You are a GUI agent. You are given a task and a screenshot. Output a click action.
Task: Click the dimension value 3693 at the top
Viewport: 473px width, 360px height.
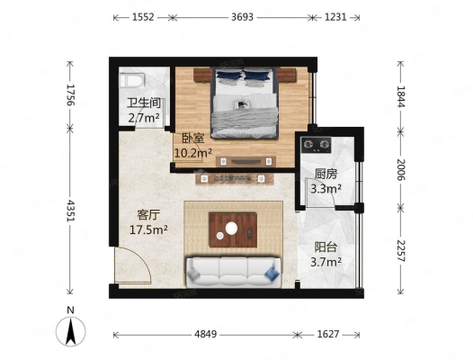[x=242, y=17]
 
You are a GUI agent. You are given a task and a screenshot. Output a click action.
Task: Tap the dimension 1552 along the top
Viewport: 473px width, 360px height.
[x=143, y=17]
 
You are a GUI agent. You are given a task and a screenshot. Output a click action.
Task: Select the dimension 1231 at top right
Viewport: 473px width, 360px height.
[x=335, y=17]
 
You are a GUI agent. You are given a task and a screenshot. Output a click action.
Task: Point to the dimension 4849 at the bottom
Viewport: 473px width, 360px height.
[x=205, y=334]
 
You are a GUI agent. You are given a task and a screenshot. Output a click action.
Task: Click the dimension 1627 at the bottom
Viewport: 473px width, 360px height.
[x=328, y=334]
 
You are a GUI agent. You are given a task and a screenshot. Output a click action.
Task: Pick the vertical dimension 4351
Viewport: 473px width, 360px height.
[x=70, y=211]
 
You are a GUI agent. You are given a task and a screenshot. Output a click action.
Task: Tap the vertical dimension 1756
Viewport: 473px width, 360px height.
[x=70, y=94]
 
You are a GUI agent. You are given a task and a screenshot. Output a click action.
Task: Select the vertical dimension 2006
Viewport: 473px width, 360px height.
[x=401, y=169]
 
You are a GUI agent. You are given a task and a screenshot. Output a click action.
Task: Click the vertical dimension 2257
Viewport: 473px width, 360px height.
[x=401, y=251]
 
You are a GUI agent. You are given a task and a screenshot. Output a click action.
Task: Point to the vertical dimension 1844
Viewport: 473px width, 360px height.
[x=401, y=96]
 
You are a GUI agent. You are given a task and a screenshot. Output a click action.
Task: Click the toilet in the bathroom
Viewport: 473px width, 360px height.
[x=132, y=80]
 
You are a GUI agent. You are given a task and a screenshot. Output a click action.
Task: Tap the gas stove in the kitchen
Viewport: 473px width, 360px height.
[x=317, y=145]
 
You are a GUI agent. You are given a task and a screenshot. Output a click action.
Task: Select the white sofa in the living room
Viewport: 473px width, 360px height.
[x=234, y=272]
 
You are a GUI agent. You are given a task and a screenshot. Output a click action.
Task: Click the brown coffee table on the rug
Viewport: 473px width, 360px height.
[x=233, y=230]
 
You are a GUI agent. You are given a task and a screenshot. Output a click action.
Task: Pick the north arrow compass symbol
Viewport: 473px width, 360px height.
[x=71, y=331]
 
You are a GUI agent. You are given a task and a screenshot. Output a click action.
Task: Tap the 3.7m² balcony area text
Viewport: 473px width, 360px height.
[x=326, y=262]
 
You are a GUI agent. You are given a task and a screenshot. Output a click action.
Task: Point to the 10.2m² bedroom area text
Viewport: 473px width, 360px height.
[x=193, y=153]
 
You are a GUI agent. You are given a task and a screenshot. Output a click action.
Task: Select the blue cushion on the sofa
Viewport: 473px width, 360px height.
[x=272, y=273]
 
